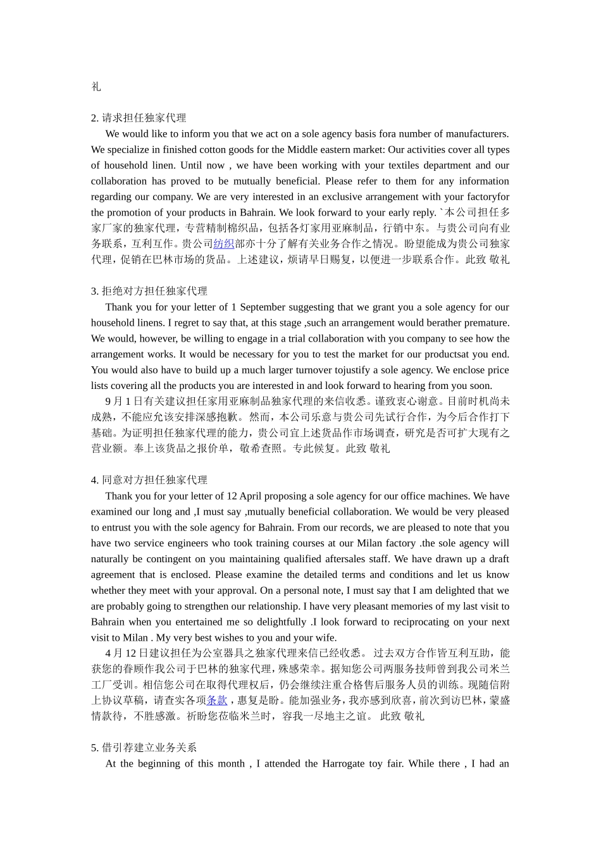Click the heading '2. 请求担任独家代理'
coord(139,118)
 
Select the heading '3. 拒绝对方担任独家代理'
coord(149,292)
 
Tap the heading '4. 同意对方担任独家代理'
coord(149,481)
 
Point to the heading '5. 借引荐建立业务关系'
coord(144,748)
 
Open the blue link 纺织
coord(224,244)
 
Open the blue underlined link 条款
coord(217,701)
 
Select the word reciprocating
coord(407,622)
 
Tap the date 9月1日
coord(118,402)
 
